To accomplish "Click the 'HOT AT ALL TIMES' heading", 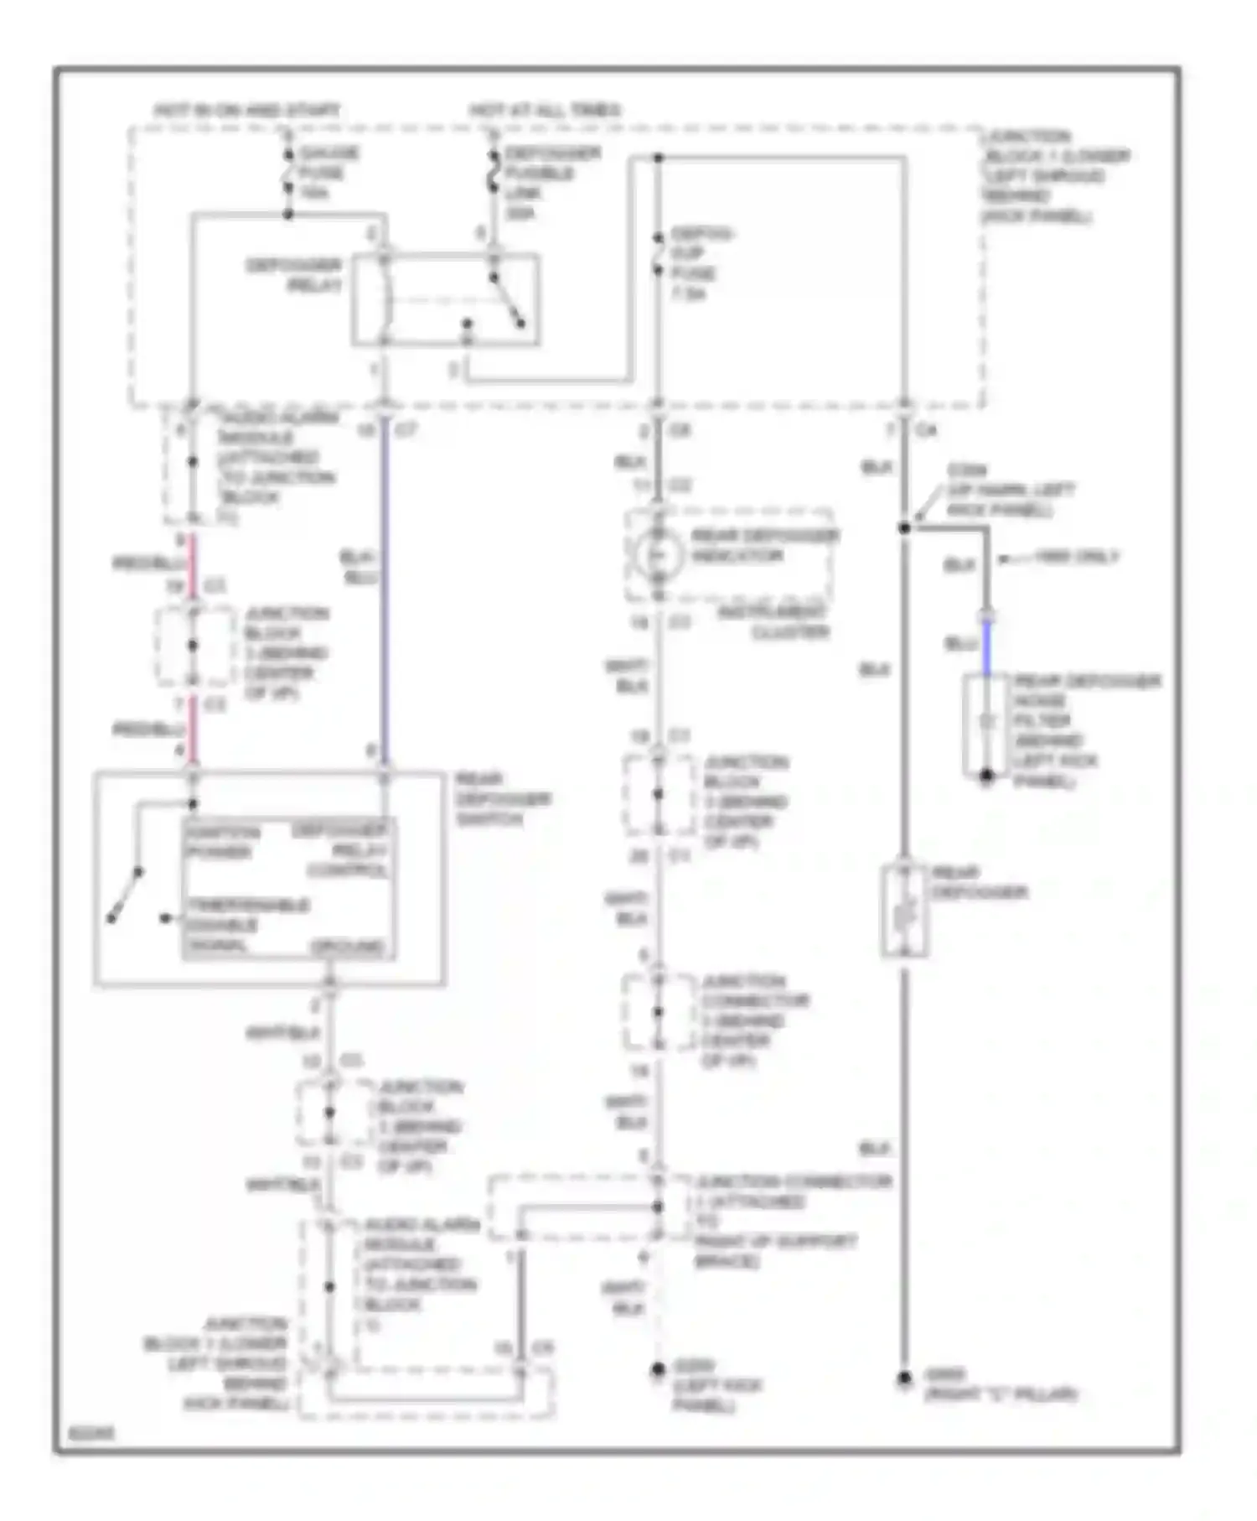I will tap(545, 110).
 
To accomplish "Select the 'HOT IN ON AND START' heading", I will tap(247, 110).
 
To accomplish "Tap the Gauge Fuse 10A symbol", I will tap(287, 174).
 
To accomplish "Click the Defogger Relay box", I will tap(445, 299).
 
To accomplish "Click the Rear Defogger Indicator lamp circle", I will tap(657, 554).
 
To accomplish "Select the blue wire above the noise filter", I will tap(987, 647).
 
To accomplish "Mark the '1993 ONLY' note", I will tap(1076, 557).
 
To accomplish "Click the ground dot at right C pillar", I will tap(904, 1378).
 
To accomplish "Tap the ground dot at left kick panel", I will tap(658, 1369).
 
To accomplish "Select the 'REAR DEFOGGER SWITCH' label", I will tap(501, 799).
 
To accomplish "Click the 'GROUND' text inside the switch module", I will tap(348, 947).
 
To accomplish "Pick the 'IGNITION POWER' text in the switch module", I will tap(222, 842).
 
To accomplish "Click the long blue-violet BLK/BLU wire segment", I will tap(385, 587).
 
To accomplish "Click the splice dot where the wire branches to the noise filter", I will tap(904, 527).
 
